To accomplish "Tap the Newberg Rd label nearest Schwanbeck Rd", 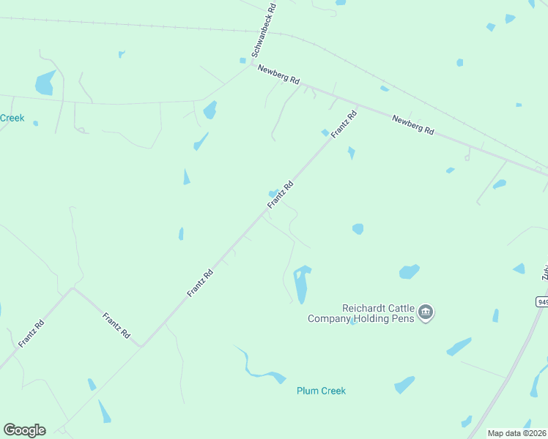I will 279,75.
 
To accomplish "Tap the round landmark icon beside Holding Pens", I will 426,313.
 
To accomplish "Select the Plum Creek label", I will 321,391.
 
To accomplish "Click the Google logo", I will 24,430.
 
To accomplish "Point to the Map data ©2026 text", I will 516,433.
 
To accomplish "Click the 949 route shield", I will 542,301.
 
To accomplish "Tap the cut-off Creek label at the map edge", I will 12,118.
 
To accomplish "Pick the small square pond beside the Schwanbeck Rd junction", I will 242,60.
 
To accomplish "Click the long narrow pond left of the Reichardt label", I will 301,285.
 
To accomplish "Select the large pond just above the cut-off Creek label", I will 45,83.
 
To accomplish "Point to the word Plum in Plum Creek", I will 307,391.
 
